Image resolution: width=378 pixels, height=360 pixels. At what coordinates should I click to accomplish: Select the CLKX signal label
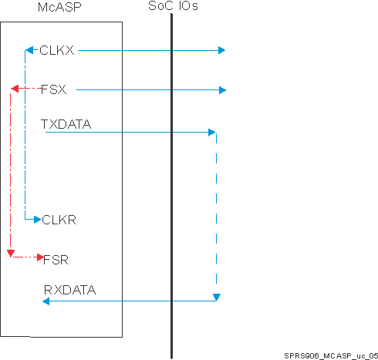57,51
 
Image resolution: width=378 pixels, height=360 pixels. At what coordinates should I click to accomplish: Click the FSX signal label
52,90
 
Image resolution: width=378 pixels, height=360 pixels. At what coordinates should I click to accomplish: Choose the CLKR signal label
58,220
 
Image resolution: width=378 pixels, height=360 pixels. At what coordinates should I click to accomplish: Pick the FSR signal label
56,259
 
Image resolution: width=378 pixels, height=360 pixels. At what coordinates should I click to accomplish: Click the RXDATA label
69,290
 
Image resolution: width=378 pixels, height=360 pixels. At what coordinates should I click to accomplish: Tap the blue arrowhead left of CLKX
29,51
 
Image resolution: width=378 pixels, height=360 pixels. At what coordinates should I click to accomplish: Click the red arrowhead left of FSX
13,90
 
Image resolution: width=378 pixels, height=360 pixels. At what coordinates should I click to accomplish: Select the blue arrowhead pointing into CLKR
35,220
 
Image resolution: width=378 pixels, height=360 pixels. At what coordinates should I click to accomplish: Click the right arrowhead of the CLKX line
221,51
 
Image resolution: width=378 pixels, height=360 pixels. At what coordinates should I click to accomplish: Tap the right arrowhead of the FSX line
222,90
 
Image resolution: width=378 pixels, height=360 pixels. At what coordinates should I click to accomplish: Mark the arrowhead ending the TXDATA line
211,133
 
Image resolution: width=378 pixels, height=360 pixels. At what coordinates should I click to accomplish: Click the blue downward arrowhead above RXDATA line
217,298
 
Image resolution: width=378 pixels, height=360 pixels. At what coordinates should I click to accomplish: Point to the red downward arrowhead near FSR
9,253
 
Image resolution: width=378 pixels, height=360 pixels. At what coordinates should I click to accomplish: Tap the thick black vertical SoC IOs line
170,185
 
